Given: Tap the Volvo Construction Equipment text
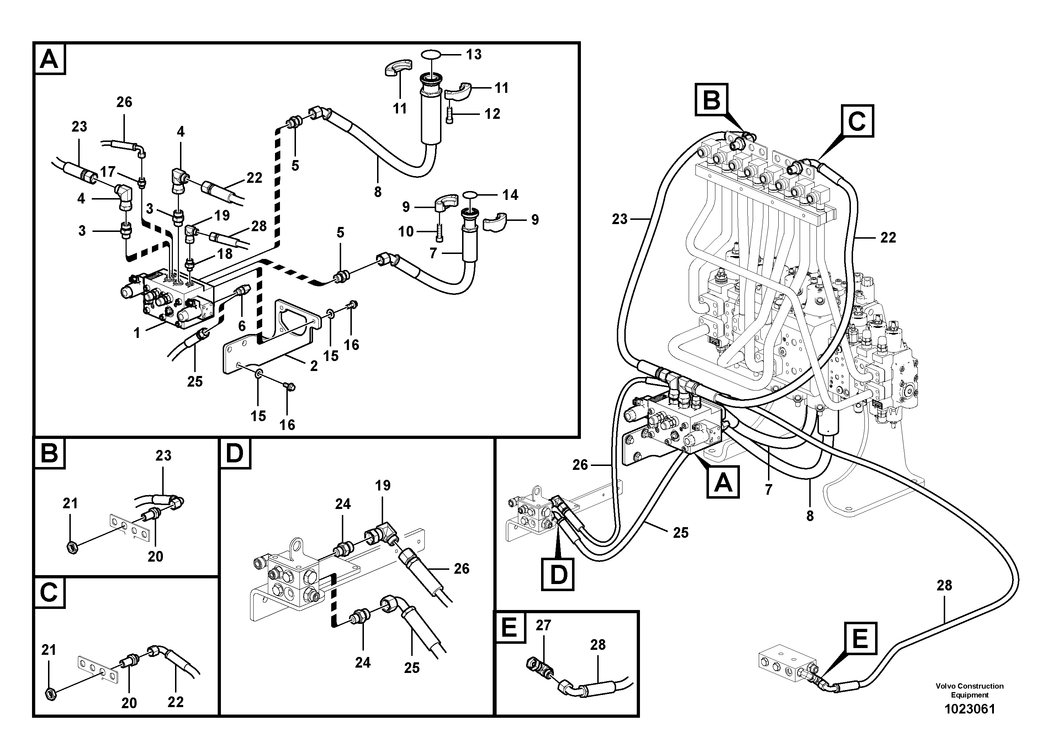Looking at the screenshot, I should point(969,690).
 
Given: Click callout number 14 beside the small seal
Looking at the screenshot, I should point(510,195).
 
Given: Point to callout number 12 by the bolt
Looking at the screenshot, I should point(492,113).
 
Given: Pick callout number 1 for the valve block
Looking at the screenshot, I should point(137,333).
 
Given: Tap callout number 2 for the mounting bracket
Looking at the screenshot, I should point(314,366).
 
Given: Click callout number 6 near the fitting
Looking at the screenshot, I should point(242,326).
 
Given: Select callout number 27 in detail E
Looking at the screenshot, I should point(543,625).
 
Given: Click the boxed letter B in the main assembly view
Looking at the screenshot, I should point(712,100).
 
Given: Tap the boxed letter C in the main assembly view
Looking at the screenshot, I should point(857,121).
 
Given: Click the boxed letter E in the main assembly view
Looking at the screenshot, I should point(860,639).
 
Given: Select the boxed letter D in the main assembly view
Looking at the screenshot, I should point(558,574).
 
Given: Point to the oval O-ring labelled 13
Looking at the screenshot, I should point(430,54).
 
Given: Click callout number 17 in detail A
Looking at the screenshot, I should point(107,172).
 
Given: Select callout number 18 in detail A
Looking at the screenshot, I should point(225,254).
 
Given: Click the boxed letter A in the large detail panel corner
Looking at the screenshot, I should point(49,59).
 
